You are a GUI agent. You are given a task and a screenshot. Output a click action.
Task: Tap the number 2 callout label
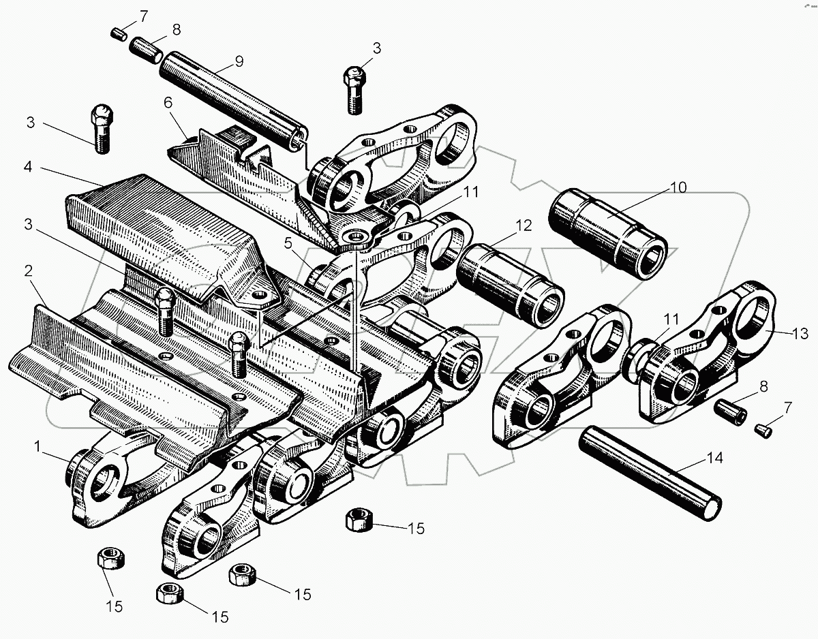29,271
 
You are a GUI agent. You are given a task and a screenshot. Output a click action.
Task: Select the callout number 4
29,168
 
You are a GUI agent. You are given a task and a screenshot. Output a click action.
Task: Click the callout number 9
238,61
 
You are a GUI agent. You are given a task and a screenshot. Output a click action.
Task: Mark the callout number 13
801,334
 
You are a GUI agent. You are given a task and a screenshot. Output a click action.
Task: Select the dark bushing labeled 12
510,286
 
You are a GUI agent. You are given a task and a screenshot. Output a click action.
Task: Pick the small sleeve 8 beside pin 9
143,49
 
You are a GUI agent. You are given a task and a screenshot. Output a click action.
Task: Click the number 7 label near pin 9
142,15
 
